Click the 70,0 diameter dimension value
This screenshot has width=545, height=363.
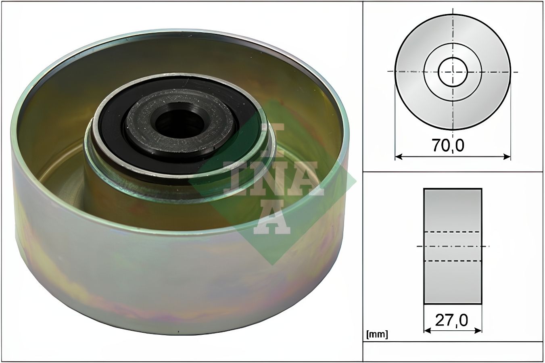[x=448, y=146]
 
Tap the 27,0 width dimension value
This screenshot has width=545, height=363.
[x=451, y=320]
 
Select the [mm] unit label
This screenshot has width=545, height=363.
[x=377, y=334]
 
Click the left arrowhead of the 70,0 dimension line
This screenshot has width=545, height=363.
[x=398, y=156]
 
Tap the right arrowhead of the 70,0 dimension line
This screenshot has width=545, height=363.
[x=507, y=156]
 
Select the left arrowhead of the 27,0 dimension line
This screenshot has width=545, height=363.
[x=427, y=330]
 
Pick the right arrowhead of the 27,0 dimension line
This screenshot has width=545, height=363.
[x=478, y=330]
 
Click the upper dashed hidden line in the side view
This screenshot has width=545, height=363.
[x=453, y=232]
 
